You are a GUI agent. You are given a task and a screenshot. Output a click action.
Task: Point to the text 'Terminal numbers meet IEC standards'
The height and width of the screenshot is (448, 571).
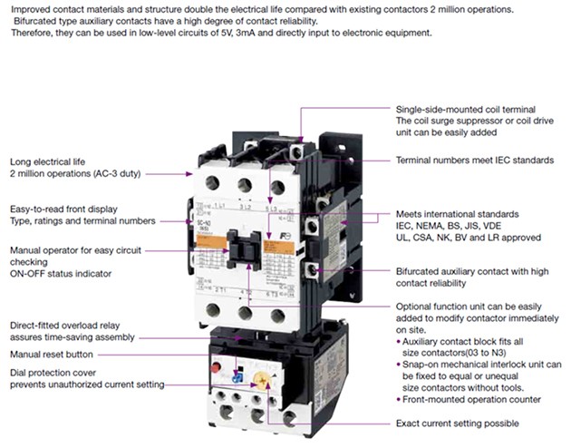(474, 160)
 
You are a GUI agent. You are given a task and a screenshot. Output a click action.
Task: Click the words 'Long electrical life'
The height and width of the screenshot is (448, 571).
(53, 161)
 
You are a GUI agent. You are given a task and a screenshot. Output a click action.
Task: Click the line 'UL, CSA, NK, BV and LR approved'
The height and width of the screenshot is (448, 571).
(469, 237)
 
